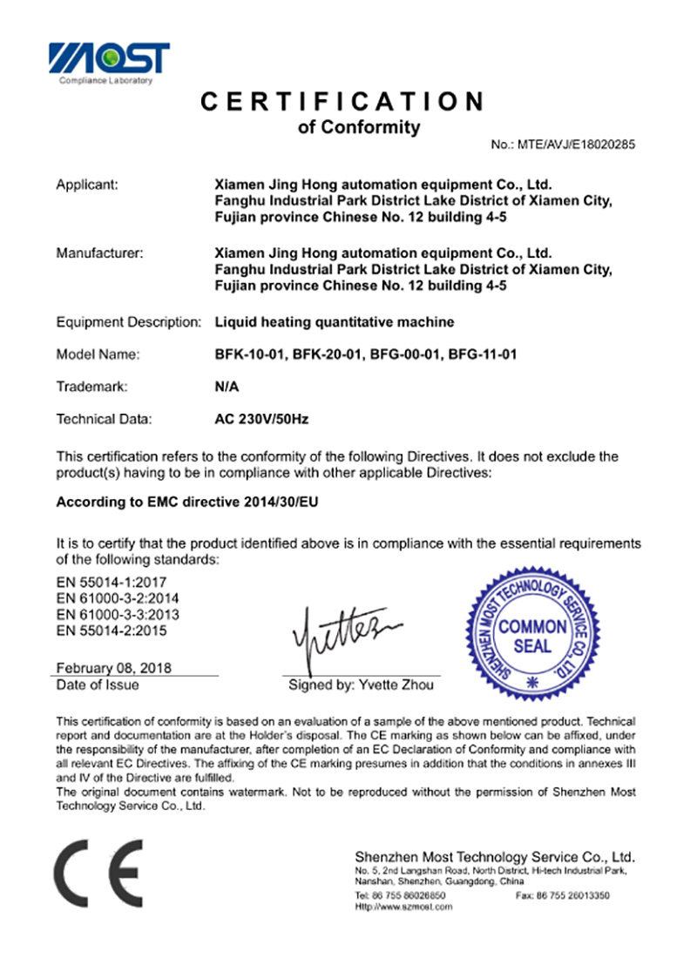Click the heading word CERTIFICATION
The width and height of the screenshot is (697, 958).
pos(342,102)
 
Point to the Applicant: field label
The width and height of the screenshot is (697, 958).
pos(87,185)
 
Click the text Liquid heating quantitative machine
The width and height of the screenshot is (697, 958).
pos(334,322)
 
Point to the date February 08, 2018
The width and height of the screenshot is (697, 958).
pos(113,668)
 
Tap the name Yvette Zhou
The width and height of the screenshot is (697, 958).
pos(394,685)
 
